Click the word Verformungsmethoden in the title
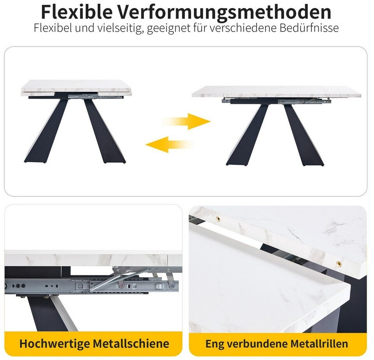(224, 12)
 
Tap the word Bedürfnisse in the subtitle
(309, 28)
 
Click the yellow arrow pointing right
(186, 121)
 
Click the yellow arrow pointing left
(170, 144)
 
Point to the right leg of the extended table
(304, 135)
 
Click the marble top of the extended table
(277, 92)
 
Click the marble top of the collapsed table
(76, 86)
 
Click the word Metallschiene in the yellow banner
(131, 343)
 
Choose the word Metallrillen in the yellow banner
(319, 344)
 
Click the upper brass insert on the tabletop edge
(218, 219)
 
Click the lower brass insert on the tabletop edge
(339, 264)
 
